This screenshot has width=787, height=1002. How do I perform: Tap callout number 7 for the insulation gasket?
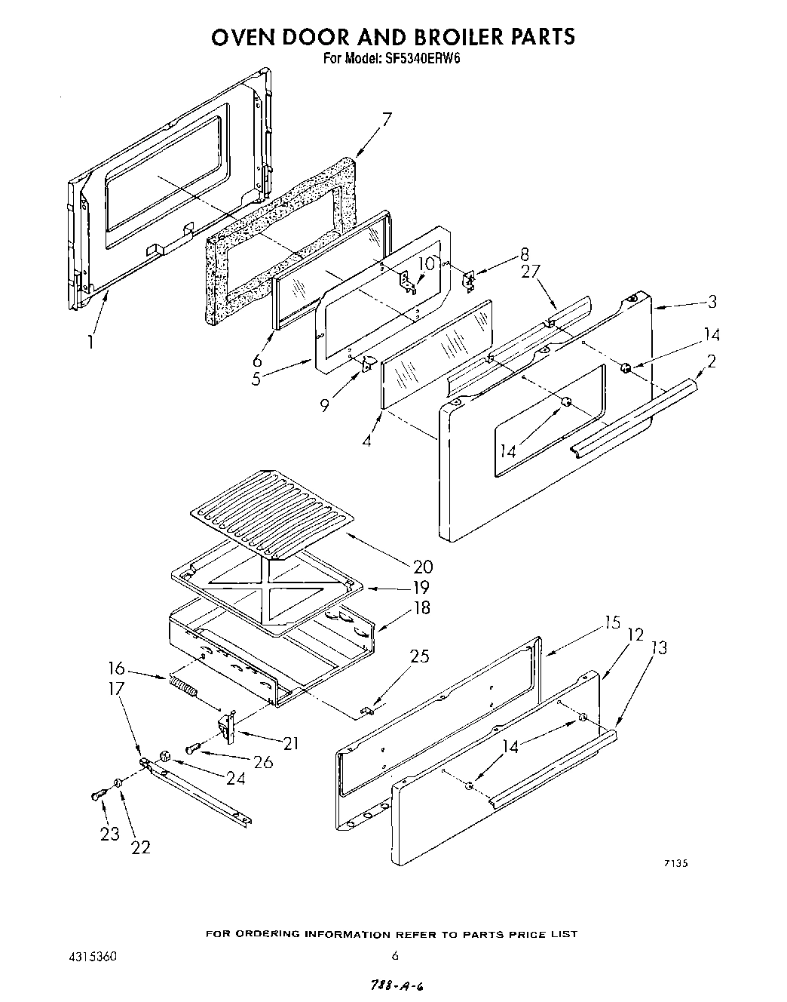(387, 119)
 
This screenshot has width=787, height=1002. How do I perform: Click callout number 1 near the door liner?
(90, 342)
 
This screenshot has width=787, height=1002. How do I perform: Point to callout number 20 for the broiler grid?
(423, 567)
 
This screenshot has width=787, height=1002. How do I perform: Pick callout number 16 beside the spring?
(117, 669)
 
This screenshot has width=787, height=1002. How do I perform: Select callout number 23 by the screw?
(110, 834)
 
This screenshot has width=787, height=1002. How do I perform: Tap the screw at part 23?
(96, 795)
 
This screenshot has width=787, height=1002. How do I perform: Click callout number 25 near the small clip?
(419, 656)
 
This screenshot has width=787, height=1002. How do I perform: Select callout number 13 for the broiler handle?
(658, 647)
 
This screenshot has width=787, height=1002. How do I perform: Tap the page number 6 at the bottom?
(394, 955)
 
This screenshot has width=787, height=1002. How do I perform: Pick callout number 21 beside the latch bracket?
(289, 743)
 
